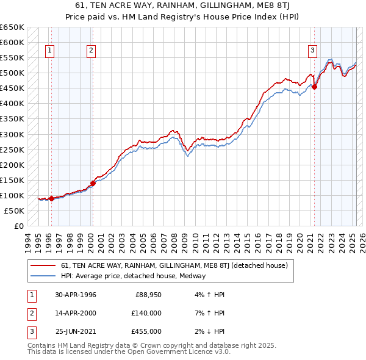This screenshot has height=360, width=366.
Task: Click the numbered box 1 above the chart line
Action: coord(49,51)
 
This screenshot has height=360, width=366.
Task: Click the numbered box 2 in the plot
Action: coord(91,51)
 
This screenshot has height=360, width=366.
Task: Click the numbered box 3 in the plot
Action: coord(312,51)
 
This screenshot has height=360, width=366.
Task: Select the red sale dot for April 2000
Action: coord(93,183)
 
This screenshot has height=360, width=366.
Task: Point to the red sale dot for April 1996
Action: coord(52,198)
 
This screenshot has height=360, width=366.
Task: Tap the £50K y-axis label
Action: coord(15,211)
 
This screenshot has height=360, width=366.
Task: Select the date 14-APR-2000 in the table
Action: coord(76,313)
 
